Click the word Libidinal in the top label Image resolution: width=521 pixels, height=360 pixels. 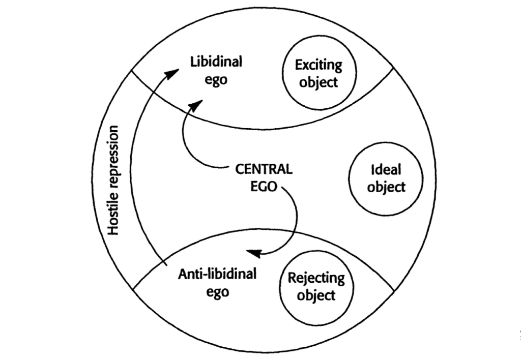(216, 63)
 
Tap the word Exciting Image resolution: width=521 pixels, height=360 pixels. (319, 66)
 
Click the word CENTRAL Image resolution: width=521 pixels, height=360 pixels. (264, 170)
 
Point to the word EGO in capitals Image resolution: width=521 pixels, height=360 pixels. (264, 186)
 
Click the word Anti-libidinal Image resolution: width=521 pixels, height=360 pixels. (217, 275)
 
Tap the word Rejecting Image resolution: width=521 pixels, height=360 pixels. (316, 278)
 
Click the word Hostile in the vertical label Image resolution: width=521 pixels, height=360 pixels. (114, 214)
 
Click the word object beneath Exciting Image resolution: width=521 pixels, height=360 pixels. (319, 82)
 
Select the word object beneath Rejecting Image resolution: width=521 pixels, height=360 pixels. (316, 295)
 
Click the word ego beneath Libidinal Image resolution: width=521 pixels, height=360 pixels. (216, 80)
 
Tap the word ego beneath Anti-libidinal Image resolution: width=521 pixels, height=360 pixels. (217, 292)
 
